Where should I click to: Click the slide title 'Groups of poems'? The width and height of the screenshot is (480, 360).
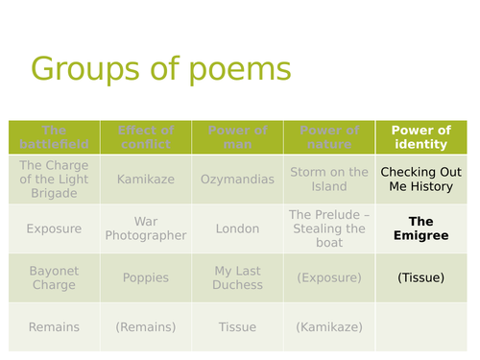click(160, 71)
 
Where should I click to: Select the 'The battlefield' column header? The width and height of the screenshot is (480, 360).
click(54, 137)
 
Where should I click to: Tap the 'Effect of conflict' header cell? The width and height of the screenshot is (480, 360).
click(145, 137)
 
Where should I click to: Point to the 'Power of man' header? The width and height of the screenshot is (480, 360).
click(237, 137)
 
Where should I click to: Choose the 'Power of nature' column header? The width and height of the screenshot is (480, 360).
click(328, 137)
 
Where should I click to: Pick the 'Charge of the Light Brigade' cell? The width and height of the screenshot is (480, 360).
click(54, 179)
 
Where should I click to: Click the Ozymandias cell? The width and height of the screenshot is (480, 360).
click(237, 180)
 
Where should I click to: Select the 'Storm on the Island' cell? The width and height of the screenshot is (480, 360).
click(328, 180)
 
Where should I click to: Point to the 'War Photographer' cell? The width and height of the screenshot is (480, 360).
click(145, 228)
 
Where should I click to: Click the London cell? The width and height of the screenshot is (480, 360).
click(237, 228)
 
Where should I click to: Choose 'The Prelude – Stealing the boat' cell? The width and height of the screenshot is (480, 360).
click(328, 228)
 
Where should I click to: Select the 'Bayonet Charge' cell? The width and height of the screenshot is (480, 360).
click(54, 278)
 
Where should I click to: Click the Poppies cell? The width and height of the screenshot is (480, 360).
click(145, 278)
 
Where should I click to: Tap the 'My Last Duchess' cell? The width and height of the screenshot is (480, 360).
click(237, 278)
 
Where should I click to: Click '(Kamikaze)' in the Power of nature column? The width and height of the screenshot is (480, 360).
click(328, 327)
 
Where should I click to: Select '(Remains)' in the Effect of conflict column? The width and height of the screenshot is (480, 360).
click(145, 327)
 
